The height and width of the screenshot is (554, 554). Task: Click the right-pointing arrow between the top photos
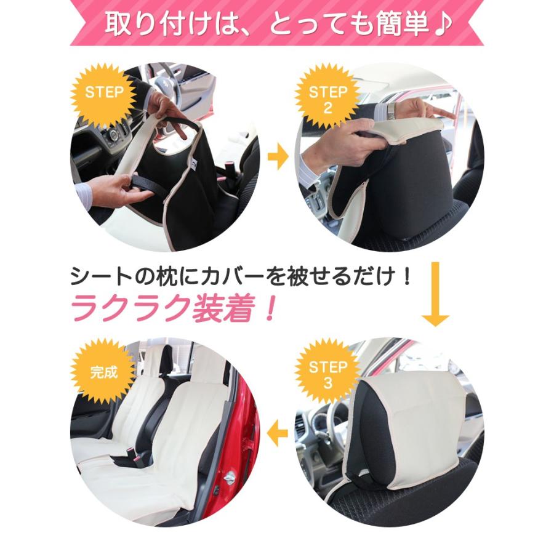[x=278, y=159]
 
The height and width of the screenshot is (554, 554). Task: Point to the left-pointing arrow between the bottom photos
[x=279, y=435]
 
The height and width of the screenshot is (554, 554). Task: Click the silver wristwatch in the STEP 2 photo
[x=390, y=111]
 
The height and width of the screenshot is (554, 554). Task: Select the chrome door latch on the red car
[x=229, y=478]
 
